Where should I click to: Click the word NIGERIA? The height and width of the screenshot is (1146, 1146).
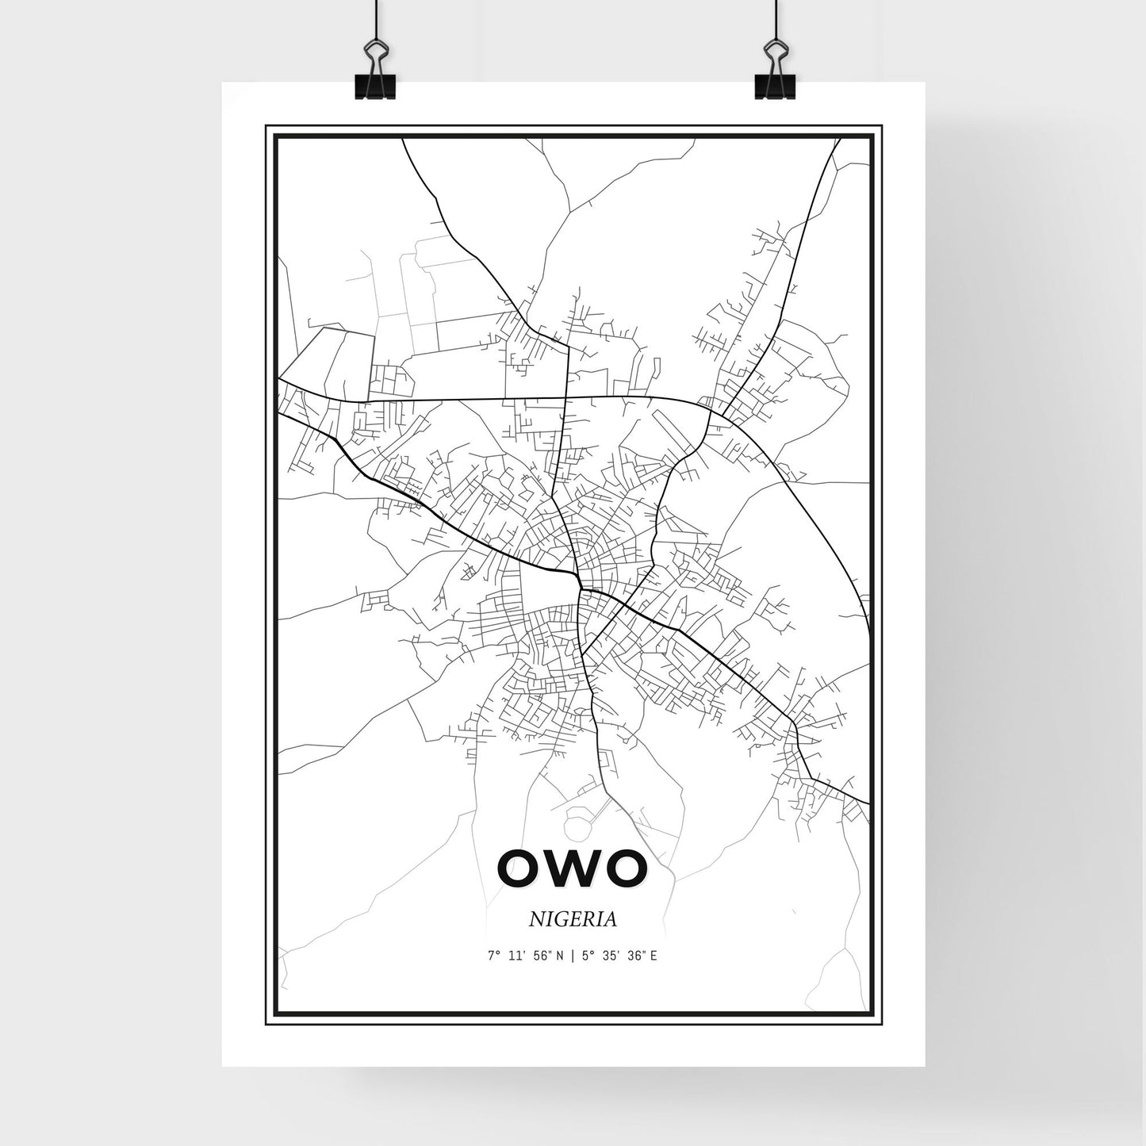click(573, 919)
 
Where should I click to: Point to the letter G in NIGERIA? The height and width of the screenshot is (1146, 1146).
click(564, 919)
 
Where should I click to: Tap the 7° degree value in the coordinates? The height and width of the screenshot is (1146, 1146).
click(495, 956)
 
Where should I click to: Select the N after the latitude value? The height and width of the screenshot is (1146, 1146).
click(560, 956)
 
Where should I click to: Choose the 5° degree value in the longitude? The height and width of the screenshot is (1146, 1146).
click(586, 956)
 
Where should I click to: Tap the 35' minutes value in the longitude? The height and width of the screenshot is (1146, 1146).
click(611, 956)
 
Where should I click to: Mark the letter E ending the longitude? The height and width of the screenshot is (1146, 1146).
click(653, 956)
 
